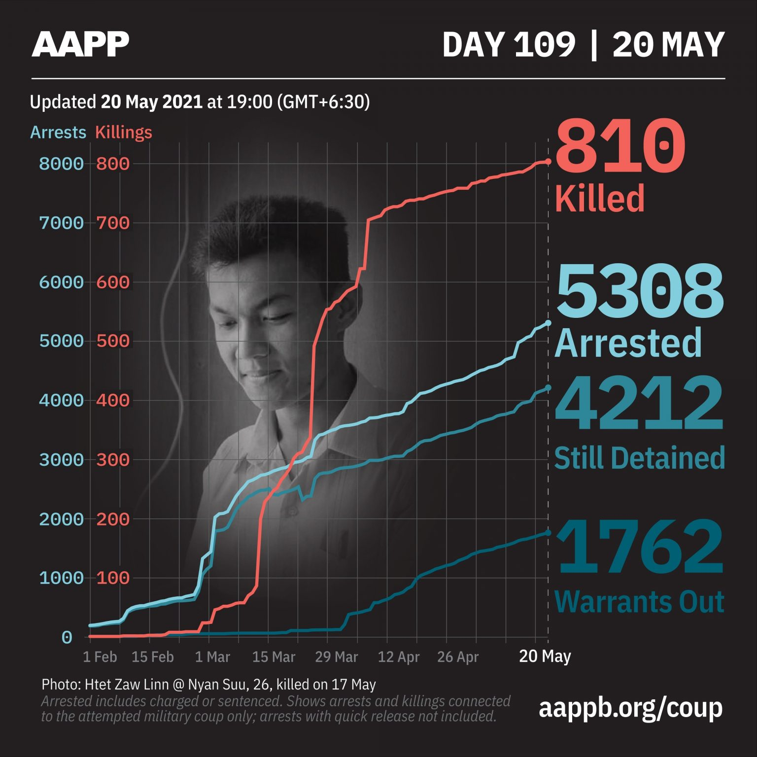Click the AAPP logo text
[80, 44]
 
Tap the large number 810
[620, 145]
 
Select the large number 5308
[640, 292]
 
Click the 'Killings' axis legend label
[123, 132]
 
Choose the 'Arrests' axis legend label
[58, 132]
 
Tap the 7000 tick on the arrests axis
[61, 223]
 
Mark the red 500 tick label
[113, 341]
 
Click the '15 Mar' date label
[274, 657]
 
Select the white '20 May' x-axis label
[545, 656]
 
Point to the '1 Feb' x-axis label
[100, 657]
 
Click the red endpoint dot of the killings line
[548, 161]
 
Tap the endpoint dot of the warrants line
[548, 533]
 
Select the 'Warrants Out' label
[639, 602]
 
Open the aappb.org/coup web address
[630, 708]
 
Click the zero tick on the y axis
[67, 638]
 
